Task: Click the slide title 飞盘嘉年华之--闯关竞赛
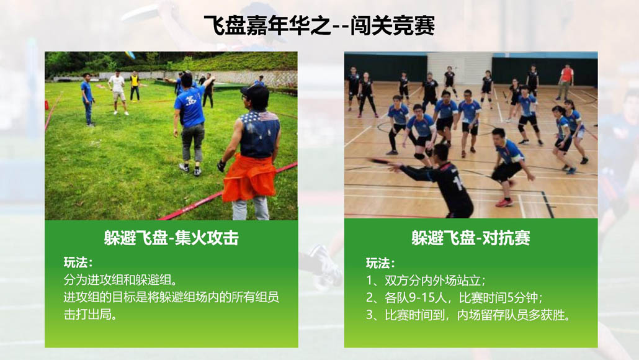pyautogui.click(x=319, y=25)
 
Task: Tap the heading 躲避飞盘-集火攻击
pyautogui.click(x=171, y=238)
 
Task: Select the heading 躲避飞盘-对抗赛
pyautogui.click(x=471, y=238)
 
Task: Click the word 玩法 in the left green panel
pyautogui.click(x=76, y=262)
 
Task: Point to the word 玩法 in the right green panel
pyautogui.click(x=377, y=263)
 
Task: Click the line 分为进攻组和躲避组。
pyautogui.click(x=120, y=280)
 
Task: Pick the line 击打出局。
pyautogui.click(x=91, y=314)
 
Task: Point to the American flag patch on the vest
pyautogui.click(x=269, y=117)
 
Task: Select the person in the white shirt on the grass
pyautogui.click(x=118, y=92)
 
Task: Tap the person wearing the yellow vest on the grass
pyautogui.click(x=135, y=86)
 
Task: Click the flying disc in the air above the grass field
pyautogui.click(x=130, y=55)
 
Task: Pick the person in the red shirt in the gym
pyautogui.click(x=565, y=82)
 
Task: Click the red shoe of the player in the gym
pyautogui.click(x=504, y=202)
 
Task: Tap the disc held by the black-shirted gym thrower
pyautogui.click(x=380, y=161)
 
